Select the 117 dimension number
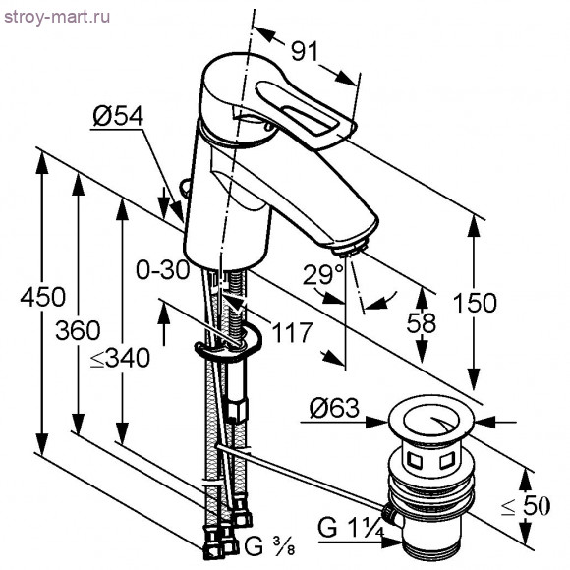pos(293,332)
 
